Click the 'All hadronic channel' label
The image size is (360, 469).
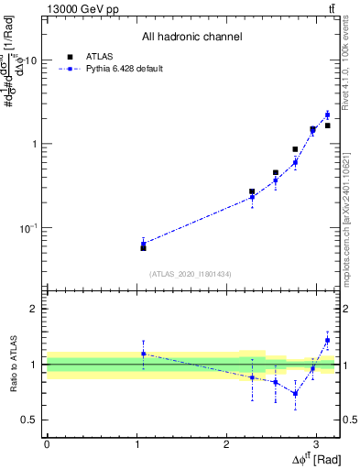[192, 38]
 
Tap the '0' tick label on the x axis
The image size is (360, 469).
[47, 443]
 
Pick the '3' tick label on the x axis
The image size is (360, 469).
[316, 443]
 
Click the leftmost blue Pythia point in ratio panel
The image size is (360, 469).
[143, 354]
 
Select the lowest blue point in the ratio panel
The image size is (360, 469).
[295, 393]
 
